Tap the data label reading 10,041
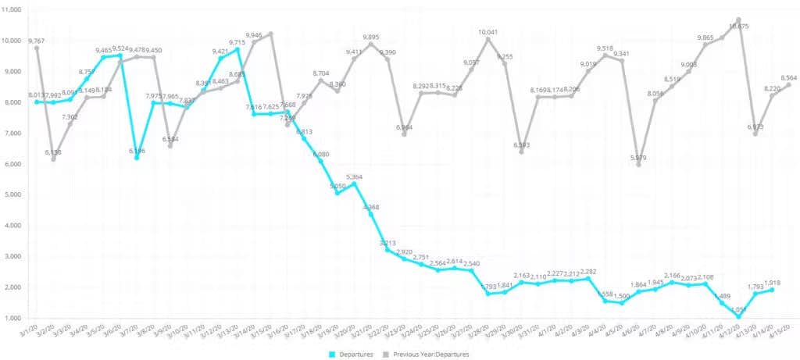tap(487, 32)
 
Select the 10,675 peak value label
tap(737, 27)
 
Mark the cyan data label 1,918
tap(772, 282)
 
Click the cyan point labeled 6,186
tap(137, 158)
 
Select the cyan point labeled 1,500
tap(622, 303)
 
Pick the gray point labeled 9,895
tap(370, 44)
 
